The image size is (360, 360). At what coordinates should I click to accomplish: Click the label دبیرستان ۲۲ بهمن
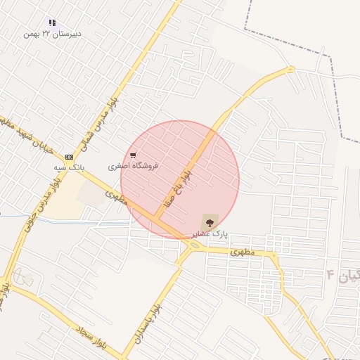click(x=52, y=34)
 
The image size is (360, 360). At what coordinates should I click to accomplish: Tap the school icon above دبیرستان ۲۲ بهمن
click(x=52, y=23)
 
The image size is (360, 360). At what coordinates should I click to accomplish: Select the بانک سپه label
click(x=69, y=169)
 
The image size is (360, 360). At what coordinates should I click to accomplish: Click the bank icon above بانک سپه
click(x=69, y=157)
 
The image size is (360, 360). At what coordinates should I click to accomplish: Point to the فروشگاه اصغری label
click(x=134, y=167)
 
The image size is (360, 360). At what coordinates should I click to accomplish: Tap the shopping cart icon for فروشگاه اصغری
click(x=133, y=155)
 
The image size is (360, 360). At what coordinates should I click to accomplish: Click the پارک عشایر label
click(x=210, y=233)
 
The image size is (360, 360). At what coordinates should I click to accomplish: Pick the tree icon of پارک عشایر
click(x=210, y=220)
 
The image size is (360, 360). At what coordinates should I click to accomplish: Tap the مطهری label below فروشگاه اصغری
click(x=118, y=196)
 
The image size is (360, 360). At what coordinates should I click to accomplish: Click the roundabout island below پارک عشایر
click(x=193, y=245)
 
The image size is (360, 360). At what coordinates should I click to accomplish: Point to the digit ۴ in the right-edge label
click(x=330, y=272)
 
